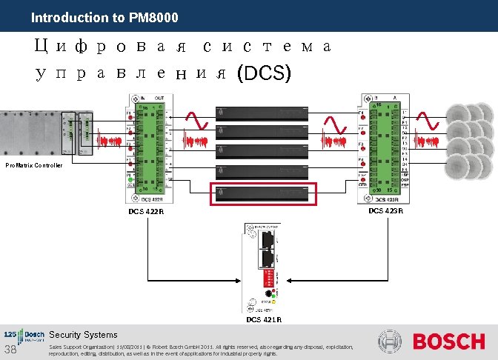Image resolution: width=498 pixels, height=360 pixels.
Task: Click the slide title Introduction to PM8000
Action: click(104, 17)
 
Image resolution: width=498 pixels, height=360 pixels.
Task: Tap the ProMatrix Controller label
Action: click(33, 165)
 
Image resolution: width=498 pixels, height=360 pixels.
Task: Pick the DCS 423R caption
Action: click(385, 211)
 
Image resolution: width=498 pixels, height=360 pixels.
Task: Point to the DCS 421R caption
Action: click(264, 320)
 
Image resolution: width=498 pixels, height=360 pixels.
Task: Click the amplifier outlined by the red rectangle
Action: click(263, 193)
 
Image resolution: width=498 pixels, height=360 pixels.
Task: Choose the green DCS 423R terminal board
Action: click(382, 148)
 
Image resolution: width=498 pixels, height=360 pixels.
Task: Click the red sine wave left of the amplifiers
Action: click(196, 121)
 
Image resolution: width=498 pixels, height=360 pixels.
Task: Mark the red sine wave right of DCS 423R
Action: click(428, 120)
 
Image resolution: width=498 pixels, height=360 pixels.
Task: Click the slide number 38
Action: click(10, 350)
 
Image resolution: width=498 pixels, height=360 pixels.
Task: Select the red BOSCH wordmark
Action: click(448, 342)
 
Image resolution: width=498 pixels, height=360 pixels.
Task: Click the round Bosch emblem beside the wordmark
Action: click(390, 342)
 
